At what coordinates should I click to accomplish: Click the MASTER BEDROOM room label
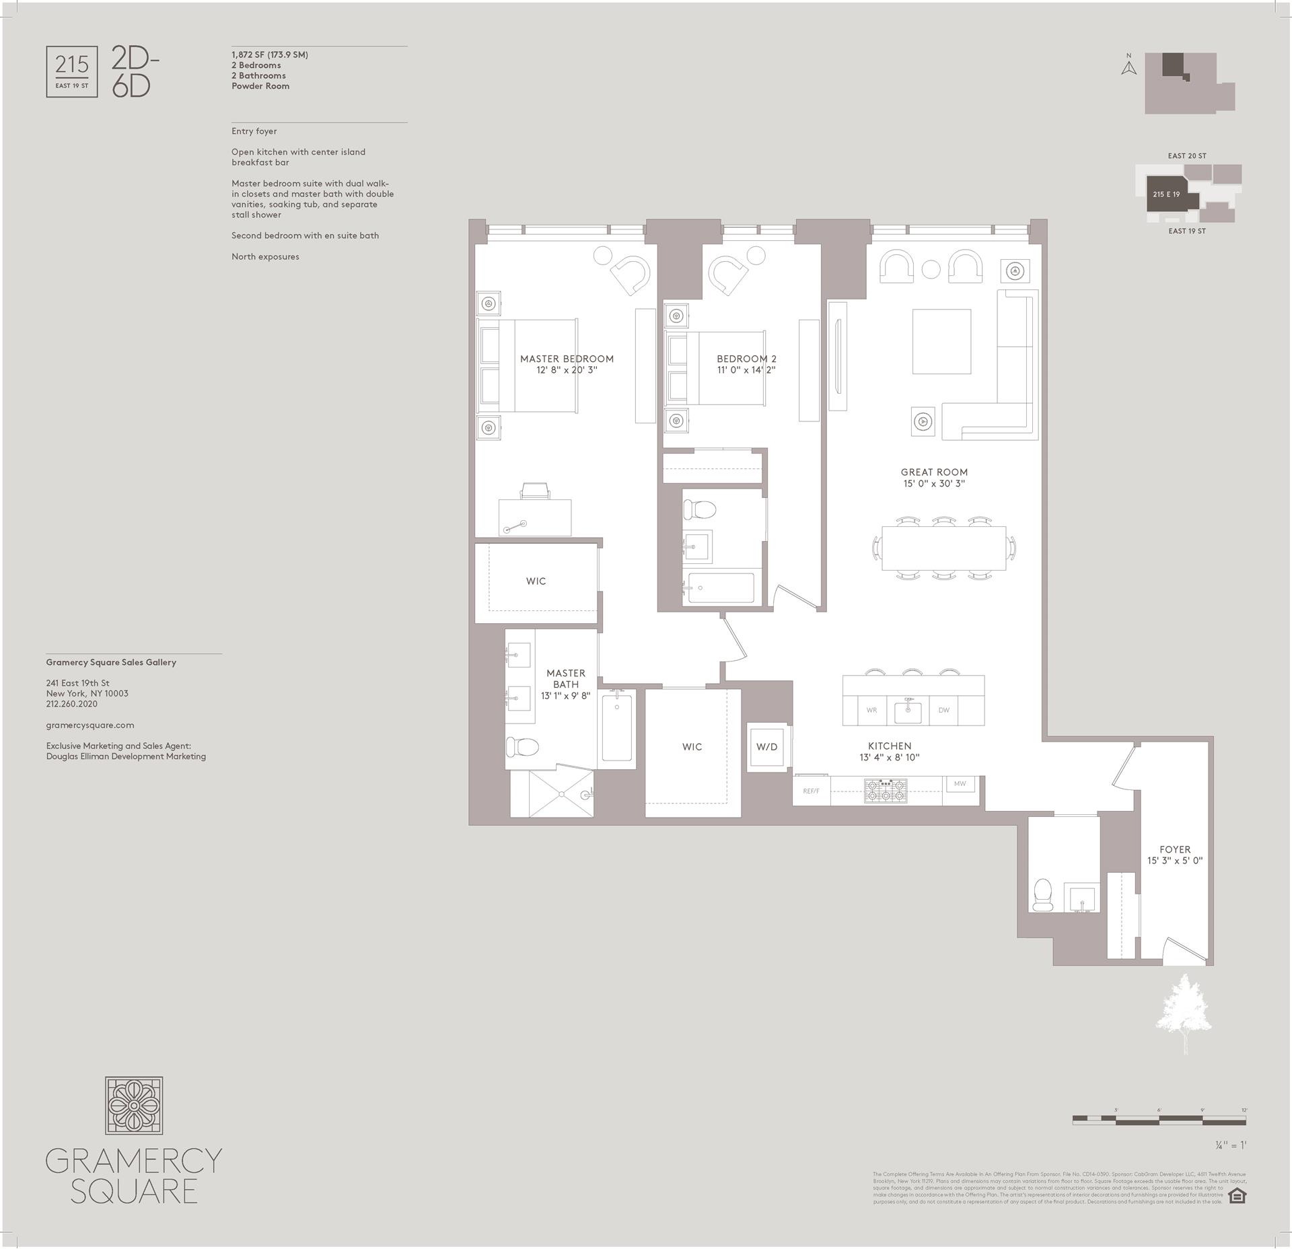click(x=567, y=359)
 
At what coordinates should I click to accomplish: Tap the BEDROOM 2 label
click(x=746, y=359)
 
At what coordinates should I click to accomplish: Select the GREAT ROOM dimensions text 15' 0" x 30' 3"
click(x=934, y=483)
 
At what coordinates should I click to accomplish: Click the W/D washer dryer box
click(x=766, y=747)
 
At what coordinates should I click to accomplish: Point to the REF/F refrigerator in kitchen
click(x=811, y=791)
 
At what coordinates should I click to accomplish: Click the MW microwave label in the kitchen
click(x=960, y=783)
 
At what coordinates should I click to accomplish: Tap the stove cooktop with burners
click(x=886, y=791)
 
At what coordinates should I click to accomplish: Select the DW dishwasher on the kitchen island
click(x=943, y=710)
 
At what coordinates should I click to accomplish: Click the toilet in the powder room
click(x=1043, y=894)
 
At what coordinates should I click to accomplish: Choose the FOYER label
click(x=1175, y=849)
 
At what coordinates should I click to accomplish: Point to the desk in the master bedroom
click(x=535, y=517)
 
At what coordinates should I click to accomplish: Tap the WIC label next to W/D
click(x=692, y=747)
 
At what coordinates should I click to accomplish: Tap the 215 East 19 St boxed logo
click(x=72, y=71)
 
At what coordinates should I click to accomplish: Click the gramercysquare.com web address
click(x=90, y=725)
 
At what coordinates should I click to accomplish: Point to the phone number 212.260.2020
click(x=72, y=704)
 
